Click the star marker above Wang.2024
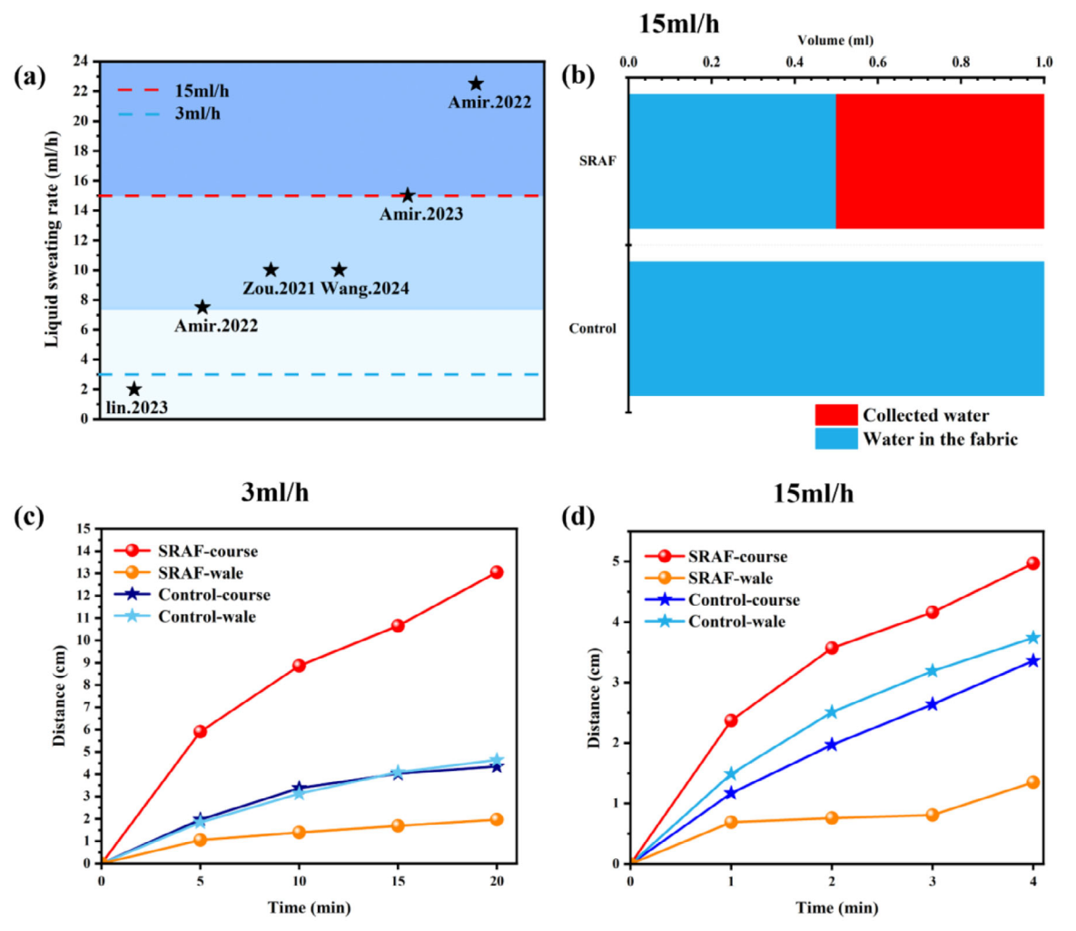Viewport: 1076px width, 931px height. (339, 270)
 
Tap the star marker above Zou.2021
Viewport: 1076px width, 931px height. (271, 270)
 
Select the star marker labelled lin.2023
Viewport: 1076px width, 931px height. (134, 389)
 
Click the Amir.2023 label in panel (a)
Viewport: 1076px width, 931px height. (420, 214)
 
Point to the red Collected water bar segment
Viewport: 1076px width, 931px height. (939, 161)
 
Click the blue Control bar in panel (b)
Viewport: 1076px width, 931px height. (835, 328)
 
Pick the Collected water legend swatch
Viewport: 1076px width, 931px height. (835, 415)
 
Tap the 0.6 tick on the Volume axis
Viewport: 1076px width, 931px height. (878, 63)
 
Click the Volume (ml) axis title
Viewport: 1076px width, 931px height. (835, 40)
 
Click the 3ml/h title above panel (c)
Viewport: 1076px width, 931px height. (273, 493)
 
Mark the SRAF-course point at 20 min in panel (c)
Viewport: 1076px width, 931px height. (497, 572)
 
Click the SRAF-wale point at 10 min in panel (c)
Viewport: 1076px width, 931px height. (299, 832)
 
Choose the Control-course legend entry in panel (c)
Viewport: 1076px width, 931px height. (213, 595)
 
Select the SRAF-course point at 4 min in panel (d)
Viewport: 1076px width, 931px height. (1032, 563)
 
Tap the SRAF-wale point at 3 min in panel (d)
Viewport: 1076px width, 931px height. (932, 815)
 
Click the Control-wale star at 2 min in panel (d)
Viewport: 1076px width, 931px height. (831, 712)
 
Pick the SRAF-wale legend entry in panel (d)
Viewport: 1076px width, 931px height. (730, 579)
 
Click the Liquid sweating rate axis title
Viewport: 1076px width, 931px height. (52, 239)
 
